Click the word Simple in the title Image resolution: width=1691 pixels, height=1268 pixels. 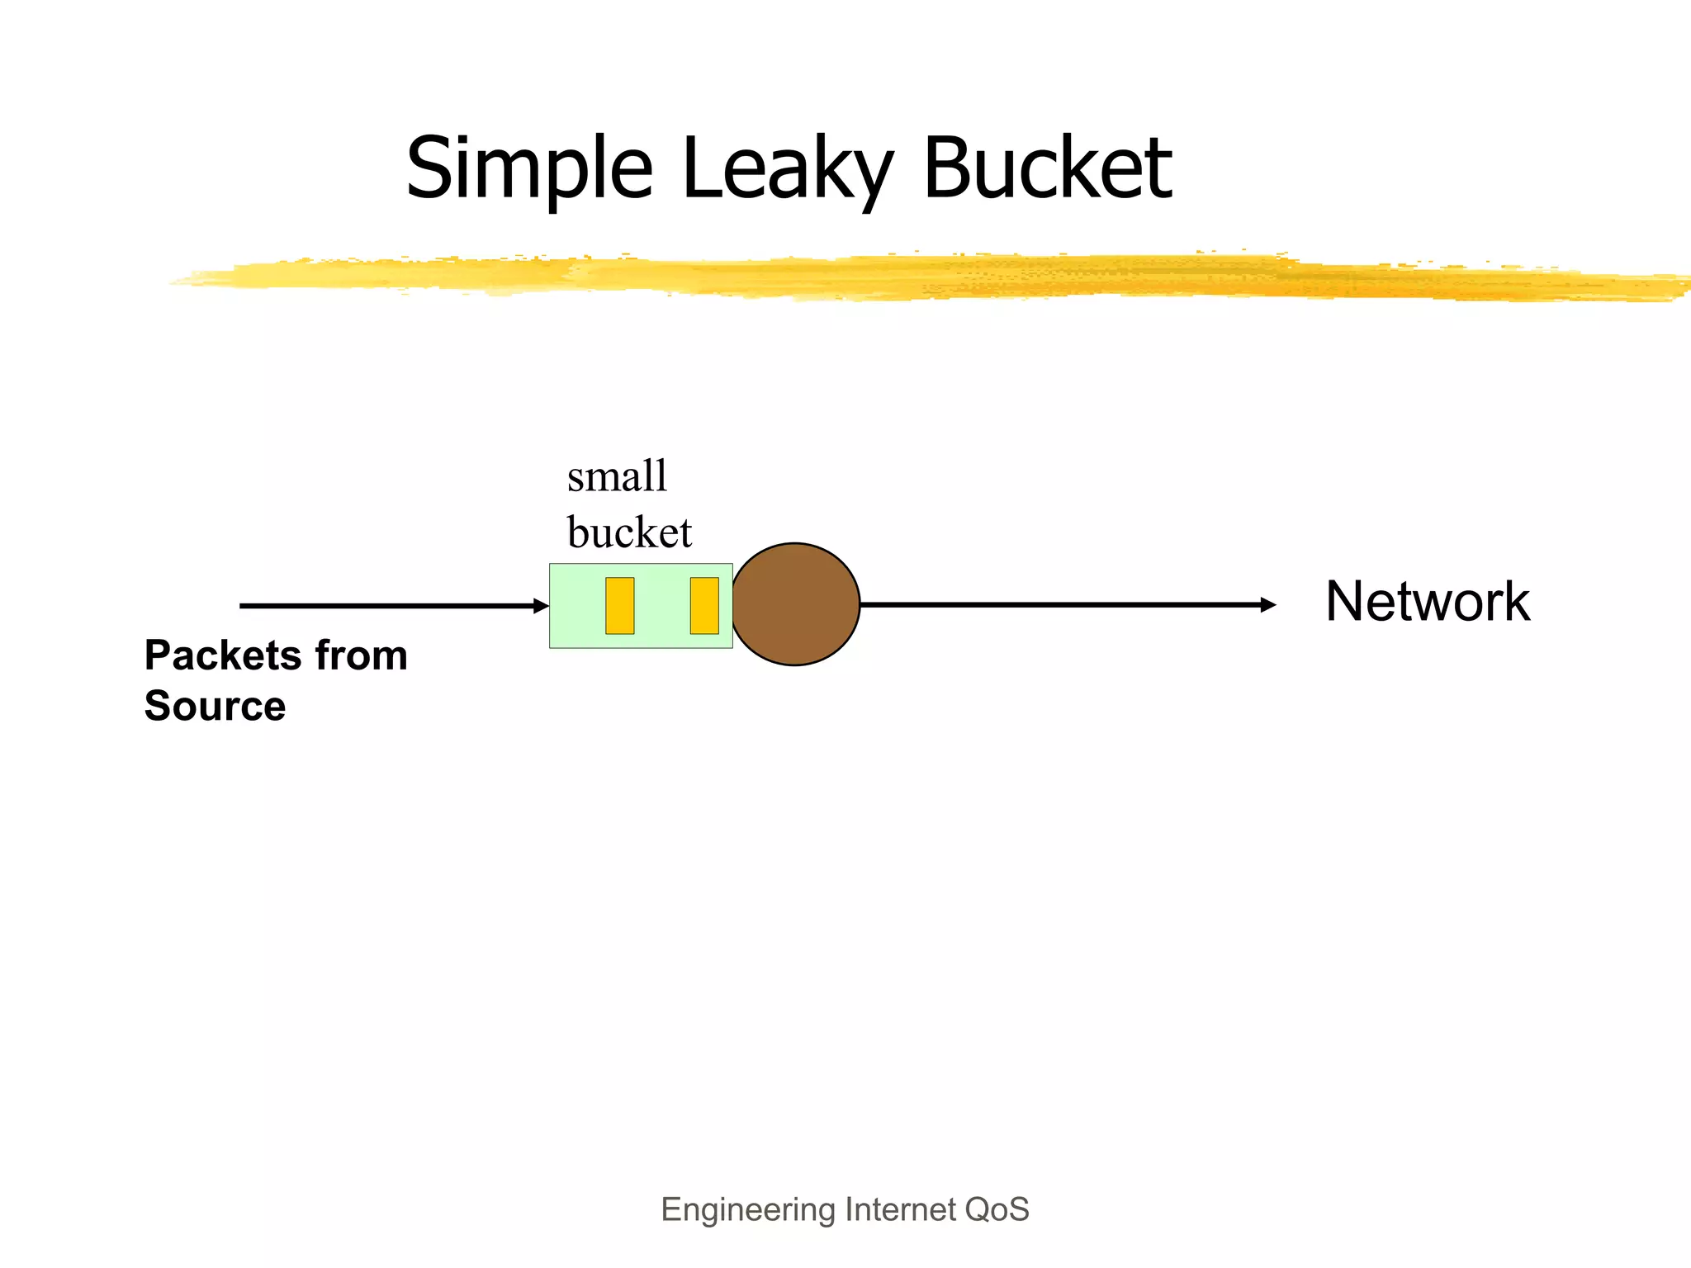(529, 169)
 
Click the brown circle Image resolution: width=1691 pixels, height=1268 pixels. (795, 604)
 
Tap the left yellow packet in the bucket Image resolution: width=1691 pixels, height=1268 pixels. (619, 606)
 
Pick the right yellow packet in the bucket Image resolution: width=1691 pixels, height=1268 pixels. (704, 606)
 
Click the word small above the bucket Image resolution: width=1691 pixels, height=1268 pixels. (617, 477)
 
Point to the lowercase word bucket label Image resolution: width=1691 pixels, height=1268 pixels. (629, 532)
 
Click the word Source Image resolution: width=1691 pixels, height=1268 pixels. (215, 706)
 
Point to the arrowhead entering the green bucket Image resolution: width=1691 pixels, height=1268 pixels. (542, 606)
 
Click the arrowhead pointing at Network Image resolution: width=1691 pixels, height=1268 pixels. (1268, 605)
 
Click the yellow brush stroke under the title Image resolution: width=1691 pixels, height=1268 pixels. (908, 277)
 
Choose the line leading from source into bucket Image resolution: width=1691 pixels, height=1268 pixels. (388, 606)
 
